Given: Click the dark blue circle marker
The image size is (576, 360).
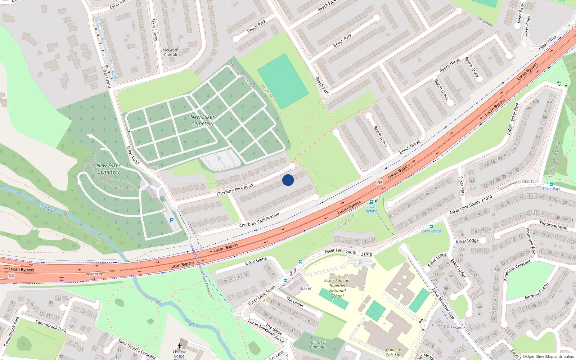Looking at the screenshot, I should point(288,180).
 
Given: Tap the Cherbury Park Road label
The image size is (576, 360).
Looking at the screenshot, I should point(235,189).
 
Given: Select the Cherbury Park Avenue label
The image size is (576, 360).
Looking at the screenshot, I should point(259,220).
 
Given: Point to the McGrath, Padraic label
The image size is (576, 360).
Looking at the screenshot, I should point(171,53).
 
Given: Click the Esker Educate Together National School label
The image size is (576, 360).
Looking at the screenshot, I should point(337,288).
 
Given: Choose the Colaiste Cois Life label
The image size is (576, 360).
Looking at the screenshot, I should point(393,352).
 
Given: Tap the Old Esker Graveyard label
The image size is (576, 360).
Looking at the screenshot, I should point(318,345).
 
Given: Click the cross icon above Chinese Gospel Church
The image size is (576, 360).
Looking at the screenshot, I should point(180,346).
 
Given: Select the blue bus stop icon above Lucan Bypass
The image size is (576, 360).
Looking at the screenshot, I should point(372,202).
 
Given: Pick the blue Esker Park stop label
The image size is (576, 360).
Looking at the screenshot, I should point(552,189).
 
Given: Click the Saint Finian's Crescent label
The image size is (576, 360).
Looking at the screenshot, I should point(137,349).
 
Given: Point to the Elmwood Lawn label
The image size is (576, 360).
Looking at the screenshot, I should point(536,291).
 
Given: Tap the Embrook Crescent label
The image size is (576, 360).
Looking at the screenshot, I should point(517,270).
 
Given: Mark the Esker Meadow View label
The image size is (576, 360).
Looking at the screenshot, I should point(444,303).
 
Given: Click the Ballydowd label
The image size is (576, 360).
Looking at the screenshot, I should point(485,22).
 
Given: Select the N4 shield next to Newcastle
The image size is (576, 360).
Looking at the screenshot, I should point(11,276).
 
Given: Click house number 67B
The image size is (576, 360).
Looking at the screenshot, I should point(536,102).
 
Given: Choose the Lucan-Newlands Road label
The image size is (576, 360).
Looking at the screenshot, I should point(266,330).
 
